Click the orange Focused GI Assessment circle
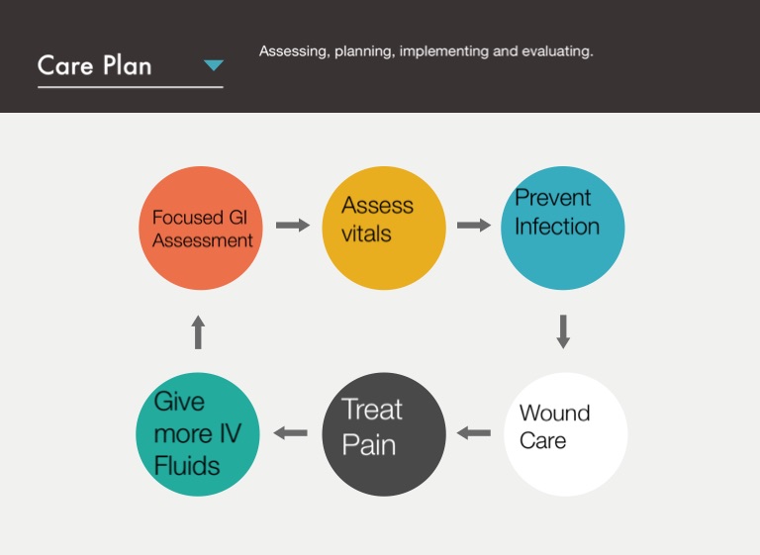click(x=201, y=229)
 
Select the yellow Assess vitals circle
click(x=384, y=228)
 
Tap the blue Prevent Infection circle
click(x=562, y=228)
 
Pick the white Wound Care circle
click(x=565, y=434)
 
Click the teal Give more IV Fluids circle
click(x=198, y=434)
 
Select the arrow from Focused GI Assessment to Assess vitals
click(x=292, y=226)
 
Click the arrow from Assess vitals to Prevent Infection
click(x=473, y=226)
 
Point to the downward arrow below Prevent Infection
click(x=563, y=330)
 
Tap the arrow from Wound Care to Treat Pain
click(x=474, y=432)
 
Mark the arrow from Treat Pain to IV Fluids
click(x=290, y=432)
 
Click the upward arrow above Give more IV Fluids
click(x=198, y=331)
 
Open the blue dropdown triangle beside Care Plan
click(x=214, y=66)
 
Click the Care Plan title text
click(x=95, y=66)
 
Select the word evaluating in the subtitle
click(x=559, y=51)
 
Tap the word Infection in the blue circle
click(x=557, y=227)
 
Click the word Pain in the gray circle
click(x=369, y=445)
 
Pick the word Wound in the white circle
click(x=554, y=414)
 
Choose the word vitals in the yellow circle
click(x=366, y=234)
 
